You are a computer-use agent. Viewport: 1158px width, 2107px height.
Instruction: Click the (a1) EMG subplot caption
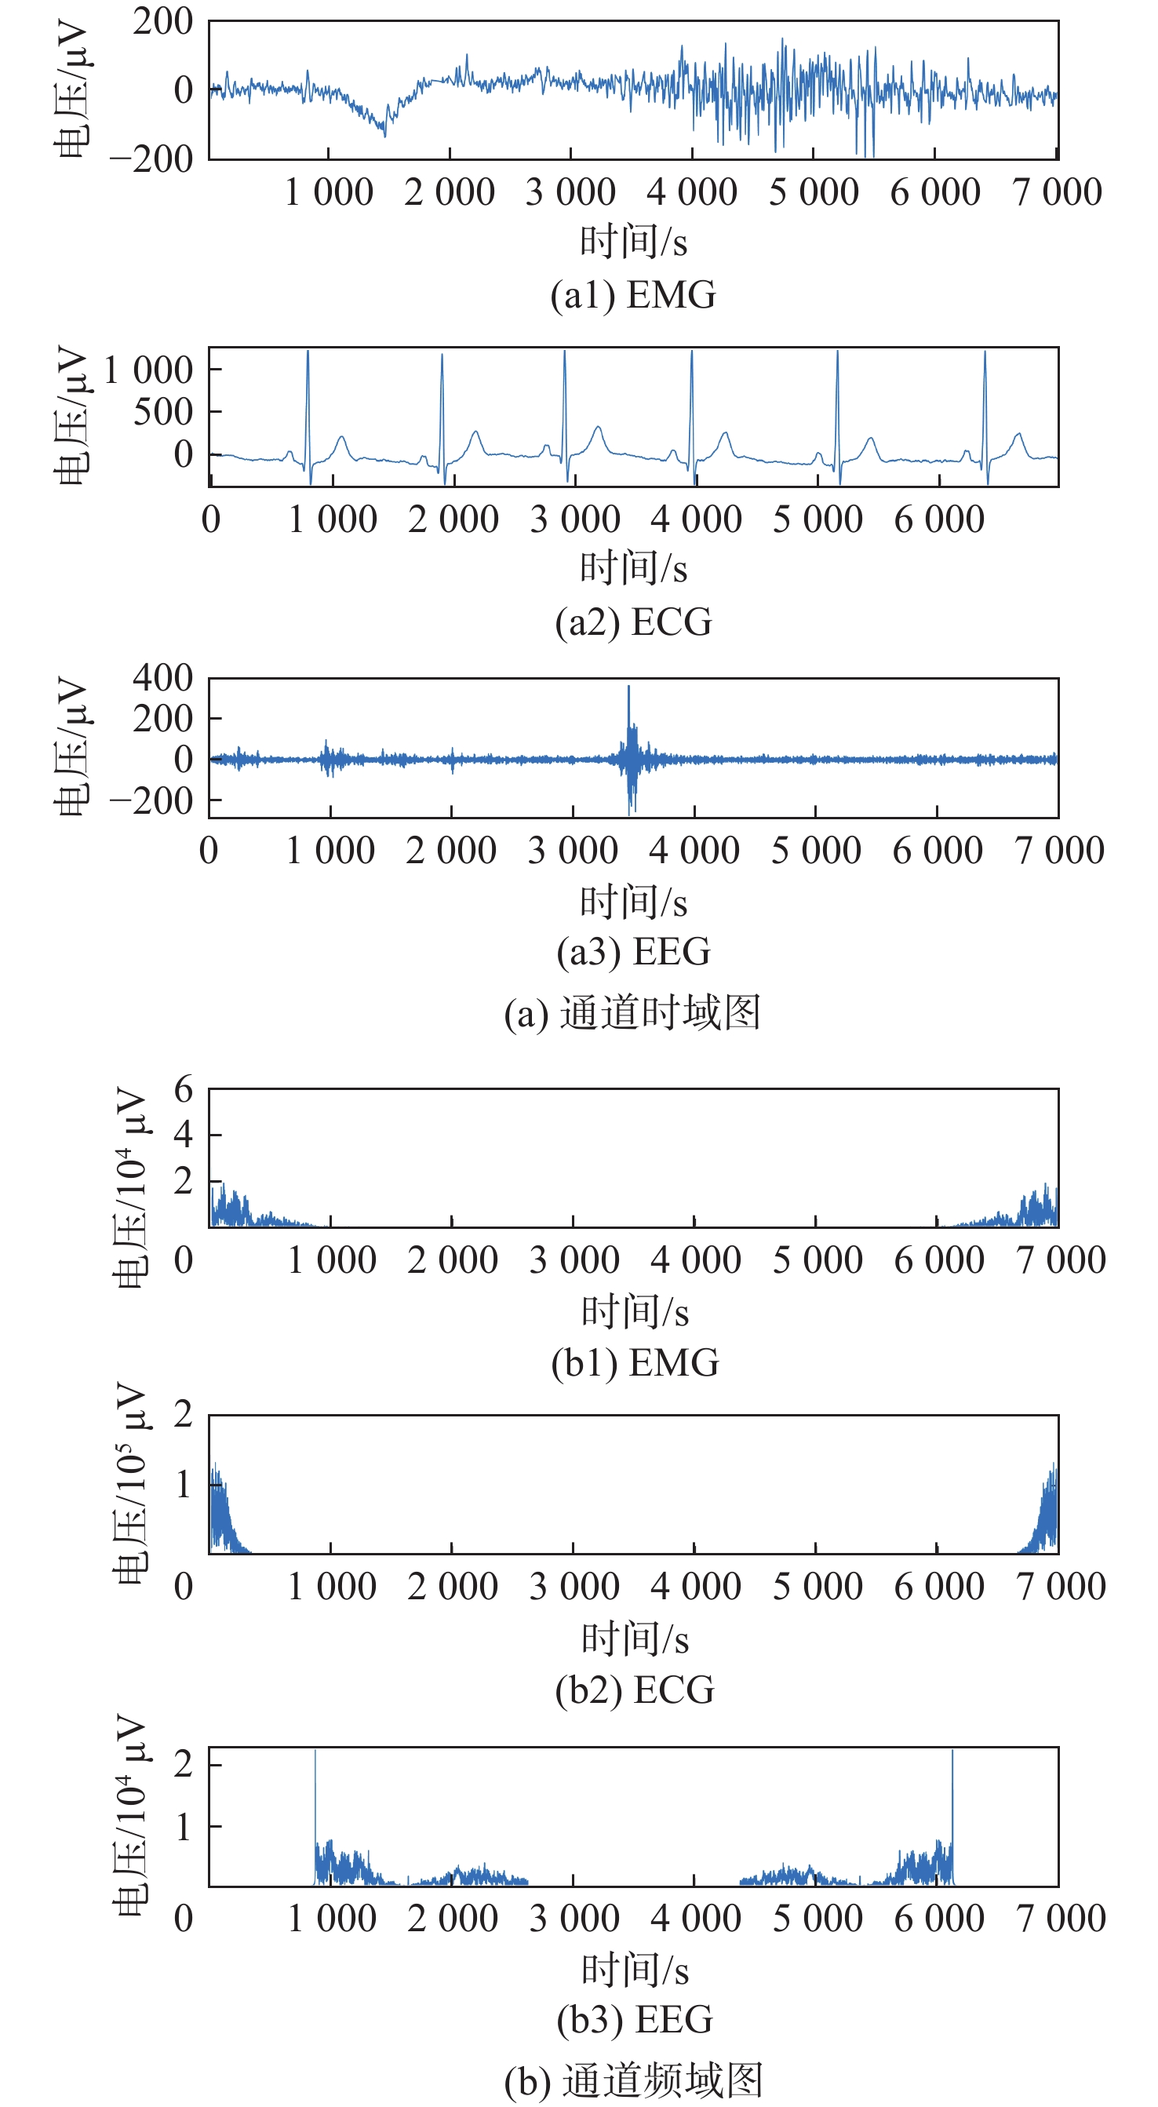point(633,295)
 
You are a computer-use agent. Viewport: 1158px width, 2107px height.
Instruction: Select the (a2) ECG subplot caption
point(633,622)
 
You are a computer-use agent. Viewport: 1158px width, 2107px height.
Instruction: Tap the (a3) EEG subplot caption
point(633,952)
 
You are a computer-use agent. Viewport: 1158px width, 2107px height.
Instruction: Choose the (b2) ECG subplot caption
point(635,1690)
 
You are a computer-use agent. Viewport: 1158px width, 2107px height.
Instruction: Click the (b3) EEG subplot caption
point(635,2019)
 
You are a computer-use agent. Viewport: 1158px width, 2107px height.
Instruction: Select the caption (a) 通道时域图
point(632,1013)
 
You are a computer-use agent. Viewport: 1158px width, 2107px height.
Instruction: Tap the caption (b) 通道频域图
point(634,2081)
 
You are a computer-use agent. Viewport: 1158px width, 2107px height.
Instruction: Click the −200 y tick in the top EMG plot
point(152,159)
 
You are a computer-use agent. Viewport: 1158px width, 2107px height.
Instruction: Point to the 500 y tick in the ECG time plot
point(163,412)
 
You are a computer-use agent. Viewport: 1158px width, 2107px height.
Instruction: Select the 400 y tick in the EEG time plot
point(162,678)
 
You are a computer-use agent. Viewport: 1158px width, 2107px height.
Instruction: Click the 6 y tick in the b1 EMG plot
point(183,1090)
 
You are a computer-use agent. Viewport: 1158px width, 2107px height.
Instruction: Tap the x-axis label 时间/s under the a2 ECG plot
point(633,568)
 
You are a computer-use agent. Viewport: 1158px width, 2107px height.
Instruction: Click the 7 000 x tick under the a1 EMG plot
point(1057,193)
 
